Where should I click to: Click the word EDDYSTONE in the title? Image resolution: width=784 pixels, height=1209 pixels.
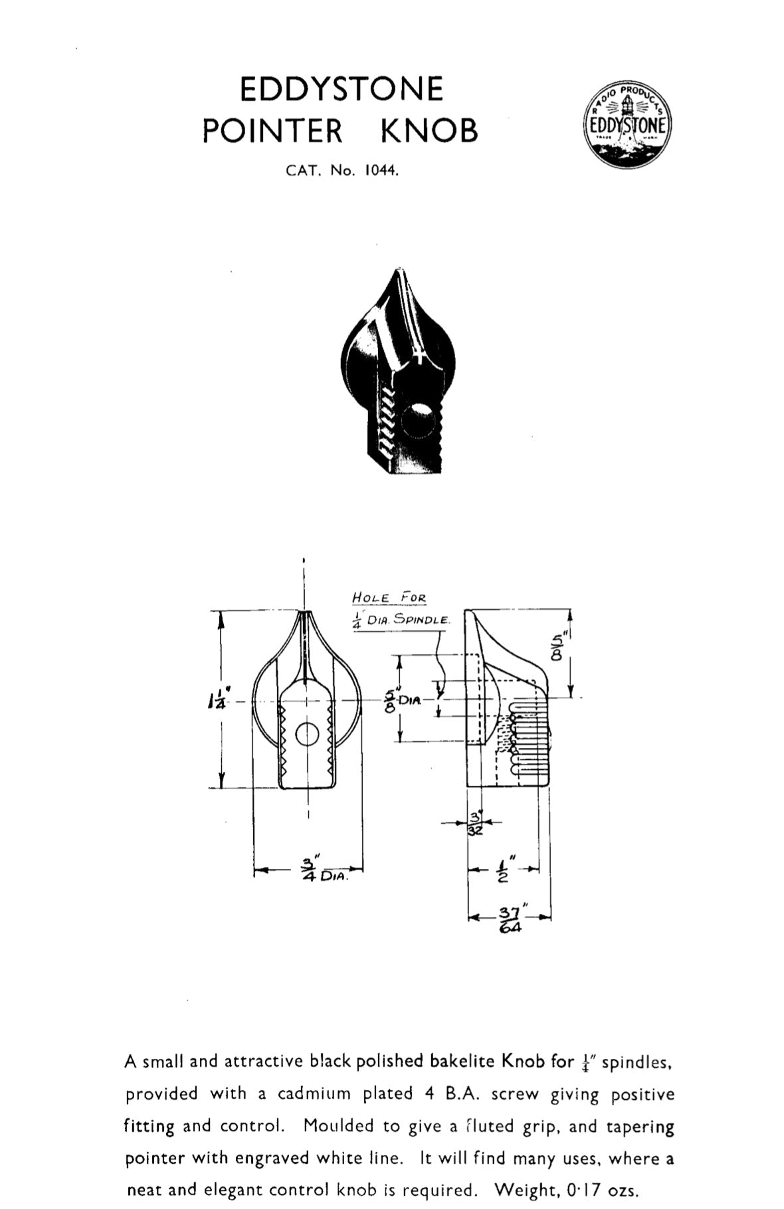click(x=341, y=90)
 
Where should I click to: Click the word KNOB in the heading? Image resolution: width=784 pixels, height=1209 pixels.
click(x=429, y=131)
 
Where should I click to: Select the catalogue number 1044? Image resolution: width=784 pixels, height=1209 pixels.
click(x=381, y=170)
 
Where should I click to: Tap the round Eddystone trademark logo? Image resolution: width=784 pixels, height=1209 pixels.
click(x=628, y=125)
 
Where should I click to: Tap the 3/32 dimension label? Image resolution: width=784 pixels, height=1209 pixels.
click(x=476, y=823)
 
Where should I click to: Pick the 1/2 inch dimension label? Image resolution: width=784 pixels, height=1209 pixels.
click(x=503, y=870)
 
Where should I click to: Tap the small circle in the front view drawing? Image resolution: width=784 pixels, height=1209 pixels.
click(x=307, y=735)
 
